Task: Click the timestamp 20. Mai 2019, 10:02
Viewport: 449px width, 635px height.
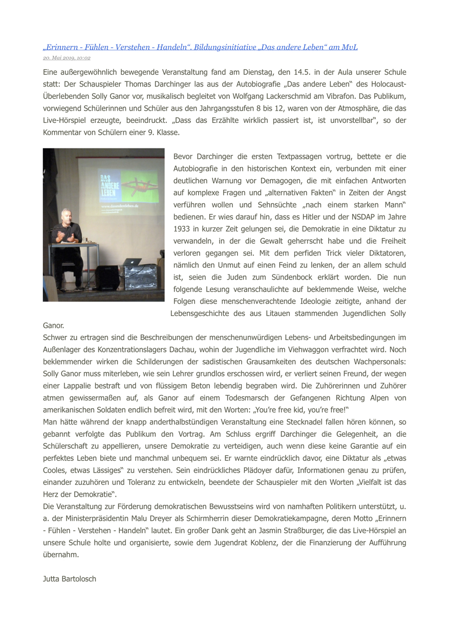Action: point(67,58)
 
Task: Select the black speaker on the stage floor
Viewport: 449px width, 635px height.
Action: point(108,277)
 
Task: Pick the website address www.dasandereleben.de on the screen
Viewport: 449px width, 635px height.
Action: point(119,206)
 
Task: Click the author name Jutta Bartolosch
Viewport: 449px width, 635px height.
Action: point(70,579)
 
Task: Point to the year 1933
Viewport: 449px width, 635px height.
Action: point(182,229)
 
